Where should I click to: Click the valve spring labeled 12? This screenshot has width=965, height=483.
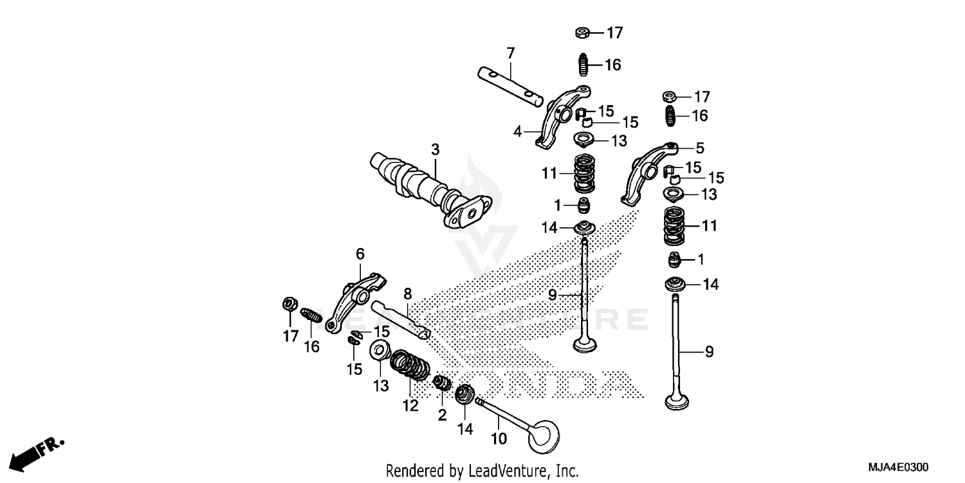[x=412, y=367]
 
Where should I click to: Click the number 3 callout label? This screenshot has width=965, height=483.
[x=436, y=150]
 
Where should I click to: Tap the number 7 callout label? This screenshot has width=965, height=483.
[x=510, y=52]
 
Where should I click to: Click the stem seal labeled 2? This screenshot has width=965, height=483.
[x=442, y=384]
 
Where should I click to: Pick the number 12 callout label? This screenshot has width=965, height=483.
[x=410, y=406]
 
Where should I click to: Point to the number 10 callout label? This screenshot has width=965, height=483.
[x=499, y=439]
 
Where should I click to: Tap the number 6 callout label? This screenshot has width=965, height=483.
[x=360, y=254]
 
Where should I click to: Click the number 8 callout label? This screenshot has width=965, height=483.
[x=407, y=294]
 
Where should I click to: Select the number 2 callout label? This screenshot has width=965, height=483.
[x=442, y=415]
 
